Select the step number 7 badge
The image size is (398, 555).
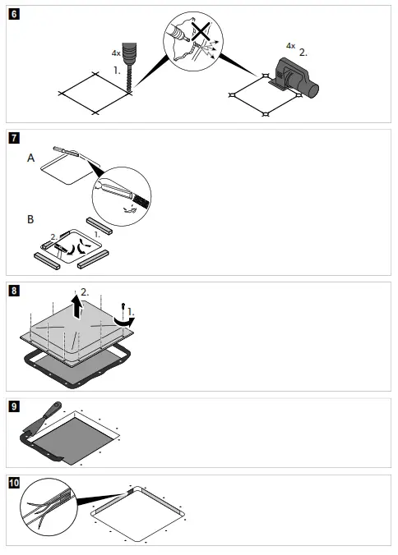[x=14, y=138]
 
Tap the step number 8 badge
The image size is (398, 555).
[x=14, y=291]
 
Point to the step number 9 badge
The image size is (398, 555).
[x=14, y=406]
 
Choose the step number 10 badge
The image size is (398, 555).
[x=14, y=482]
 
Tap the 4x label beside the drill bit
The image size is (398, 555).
[x=115, y=52]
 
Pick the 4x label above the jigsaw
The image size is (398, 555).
[x=290, y=46]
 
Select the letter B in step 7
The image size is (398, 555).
[x=30, y=219]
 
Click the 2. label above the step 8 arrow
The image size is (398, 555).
[x=84, y=292]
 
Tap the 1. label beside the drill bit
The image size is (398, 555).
[x=118, y=71]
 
